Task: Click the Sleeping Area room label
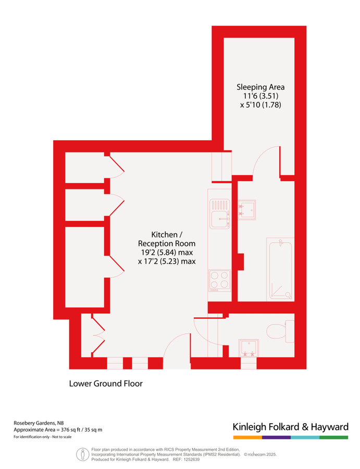pos(260,87)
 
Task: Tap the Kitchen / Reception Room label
pos(167,239)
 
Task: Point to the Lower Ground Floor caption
pos(106,384)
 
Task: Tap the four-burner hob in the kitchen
pos(219,280)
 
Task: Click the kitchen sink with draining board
pos(219,214)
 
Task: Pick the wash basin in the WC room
pos(249,349)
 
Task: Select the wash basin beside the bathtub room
pos(246,209)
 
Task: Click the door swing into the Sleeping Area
pos(266,162)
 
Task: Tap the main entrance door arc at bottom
pos(176,345)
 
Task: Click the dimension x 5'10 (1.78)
pos(260,105)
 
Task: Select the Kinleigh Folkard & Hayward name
pos(290,427)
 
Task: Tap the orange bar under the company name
pos(247,437)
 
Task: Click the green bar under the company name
pos(333,437)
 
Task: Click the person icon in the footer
pos(82,454)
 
